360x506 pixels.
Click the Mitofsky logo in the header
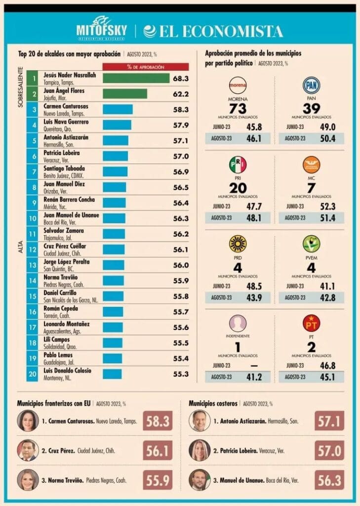pos(101,28)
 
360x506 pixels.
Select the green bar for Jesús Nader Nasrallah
pos(136,78)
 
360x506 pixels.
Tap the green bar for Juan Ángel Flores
pos(124,93)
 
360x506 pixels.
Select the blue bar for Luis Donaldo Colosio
pos(112,374)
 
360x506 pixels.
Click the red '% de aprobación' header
pos(145,67)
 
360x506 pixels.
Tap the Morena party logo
pos(238,85)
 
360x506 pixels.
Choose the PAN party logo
pos(311,85)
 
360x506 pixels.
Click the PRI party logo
pos(238,165)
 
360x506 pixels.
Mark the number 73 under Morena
pos(238,108)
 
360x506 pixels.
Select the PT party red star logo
pos(311,323)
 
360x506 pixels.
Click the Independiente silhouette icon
pos(238,323)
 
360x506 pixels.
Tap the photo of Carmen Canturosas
pos(28,421)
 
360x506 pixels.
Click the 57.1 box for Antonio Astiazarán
pos(329,421)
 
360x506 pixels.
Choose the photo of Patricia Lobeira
pos(200,450)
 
